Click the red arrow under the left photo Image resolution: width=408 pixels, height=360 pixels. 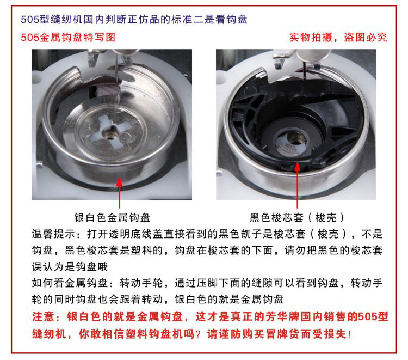[x=120, y=192]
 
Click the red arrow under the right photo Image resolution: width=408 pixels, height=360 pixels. [x=297, y=185]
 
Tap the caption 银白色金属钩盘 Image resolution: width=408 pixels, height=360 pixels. [x=112, y=217]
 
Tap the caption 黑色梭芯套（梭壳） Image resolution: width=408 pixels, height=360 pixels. [x=297, y=217]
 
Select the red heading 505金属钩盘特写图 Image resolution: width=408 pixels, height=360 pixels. [x=68, y=37]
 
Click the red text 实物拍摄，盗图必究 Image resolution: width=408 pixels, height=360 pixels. [x=338, y=37]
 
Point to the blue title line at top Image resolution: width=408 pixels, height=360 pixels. [x=134, y=19]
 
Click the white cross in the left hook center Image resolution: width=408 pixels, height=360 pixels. [x=112, y=132]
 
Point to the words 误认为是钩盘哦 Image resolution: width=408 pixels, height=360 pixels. [x=70, y=266]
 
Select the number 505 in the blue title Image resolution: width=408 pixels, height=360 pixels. [x=29, y=20]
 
